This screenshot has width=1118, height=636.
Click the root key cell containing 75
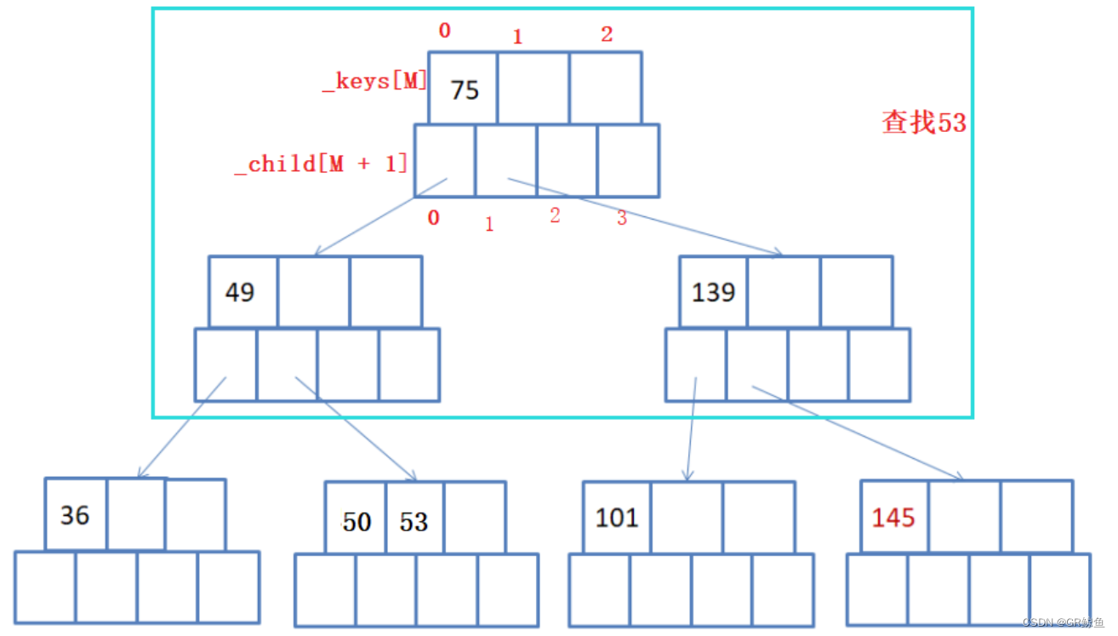point(464,89)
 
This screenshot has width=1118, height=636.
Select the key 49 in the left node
point(239,292)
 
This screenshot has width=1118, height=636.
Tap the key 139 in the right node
point(713,292)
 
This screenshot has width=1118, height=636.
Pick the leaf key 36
point(75,515)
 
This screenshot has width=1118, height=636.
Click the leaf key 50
point(357,521)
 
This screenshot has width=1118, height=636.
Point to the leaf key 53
point(414,521)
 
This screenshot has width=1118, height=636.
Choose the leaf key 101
point(617,517)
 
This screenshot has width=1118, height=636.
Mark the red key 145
point(893,517)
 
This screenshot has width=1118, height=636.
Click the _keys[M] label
point(374,82)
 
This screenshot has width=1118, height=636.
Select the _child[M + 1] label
point(321,163)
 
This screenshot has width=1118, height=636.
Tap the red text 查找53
point(924,123)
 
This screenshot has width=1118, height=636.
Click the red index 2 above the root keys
point(606,35)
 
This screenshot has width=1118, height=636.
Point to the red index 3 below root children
point(622,218)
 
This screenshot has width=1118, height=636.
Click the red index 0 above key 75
point(444,32)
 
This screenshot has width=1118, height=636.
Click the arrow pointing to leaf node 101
point(691,430)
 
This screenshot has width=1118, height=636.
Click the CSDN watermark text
point(1063,623)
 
